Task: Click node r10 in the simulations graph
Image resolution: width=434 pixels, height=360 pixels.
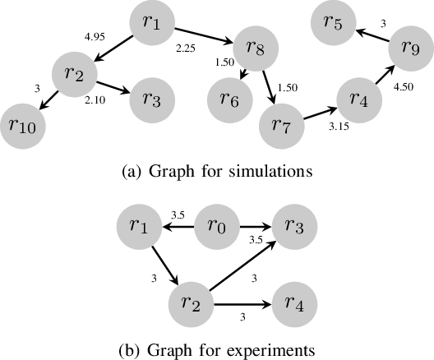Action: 24,126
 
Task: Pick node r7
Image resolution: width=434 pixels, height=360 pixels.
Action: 281,126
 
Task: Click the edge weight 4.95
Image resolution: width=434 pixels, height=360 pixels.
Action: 97,37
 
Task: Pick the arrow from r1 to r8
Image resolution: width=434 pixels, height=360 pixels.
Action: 205,35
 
